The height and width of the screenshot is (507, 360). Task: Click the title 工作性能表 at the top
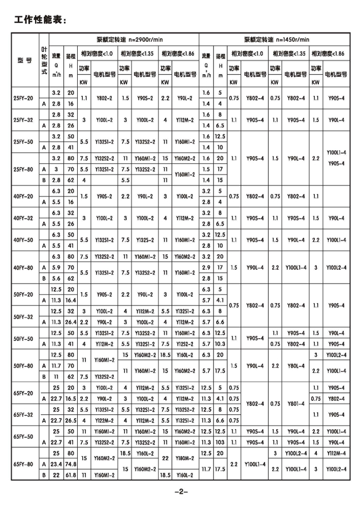(x=40, y=20)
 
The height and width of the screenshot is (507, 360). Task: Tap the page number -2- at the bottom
(x=180, y=492)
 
